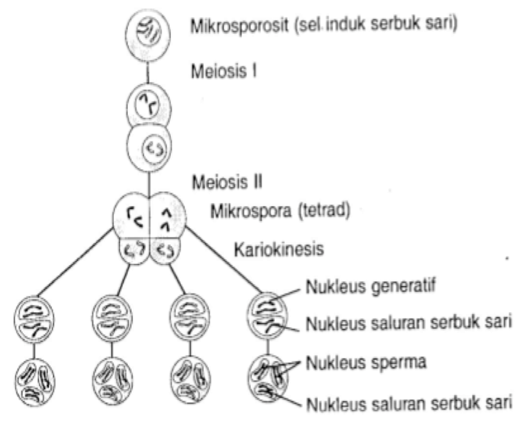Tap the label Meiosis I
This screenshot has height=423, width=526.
click(225, 72)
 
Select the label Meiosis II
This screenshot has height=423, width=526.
click(227, 181)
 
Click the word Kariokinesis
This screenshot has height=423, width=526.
click(279, 250)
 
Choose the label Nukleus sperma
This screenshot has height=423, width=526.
click(366, 362)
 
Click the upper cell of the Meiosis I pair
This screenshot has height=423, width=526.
click(149, 107)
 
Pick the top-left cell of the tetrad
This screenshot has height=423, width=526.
click(132, 217)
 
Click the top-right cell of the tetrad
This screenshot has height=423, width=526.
click(168, 217)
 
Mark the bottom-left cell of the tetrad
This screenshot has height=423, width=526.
click(134, 251)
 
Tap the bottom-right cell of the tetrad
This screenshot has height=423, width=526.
click(166, 251)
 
